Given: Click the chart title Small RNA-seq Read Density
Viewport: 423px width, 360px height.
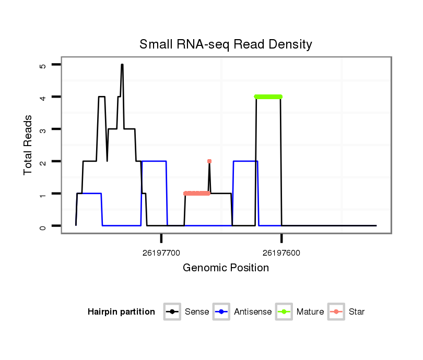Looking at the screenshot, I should pyautogui.click(x=226, y=44).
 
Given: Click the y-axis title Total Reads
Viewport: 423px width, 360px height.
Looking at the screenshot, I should pyautogui.click(x=29, y=145).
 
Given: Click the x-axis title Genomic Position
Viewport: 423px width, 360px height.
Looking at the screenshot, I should pyautogui.click(x=226, y=268).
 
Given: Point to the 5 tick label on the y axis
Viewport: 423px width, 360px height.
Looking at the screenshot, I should pyautogui.click(x=43, y=65).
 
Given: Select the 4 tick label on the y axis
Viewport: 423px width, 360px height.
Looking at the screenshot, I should pyautogui.click(x=43, y=97).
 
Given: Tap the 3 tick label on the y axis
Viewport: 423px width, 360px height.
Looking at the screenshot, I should pyautogui.click(x=43, y=129).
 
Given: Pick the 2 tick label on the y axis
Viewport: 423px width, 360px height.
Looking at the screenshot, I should pyautogui.click(x=43, y=162).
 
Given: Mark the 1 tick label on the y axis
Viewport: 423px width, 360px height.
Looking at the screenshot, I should pyautogui.click(x=43, y=194).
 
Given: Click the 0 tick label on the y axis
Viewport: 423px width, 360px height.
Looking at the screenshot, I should pyautogui.click(x=43, y=226).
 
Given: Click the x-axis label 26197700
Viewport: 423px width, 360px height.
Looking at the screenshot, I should pyautogui.click(x=161, y=253).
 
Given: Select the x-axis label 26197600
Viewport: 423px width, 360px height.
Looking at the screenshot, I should pyautogui.click(x=281, y=253).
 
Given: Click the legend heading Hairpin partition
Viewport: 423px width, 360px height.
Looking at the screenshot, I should pyautogui.click(x=121, y=312).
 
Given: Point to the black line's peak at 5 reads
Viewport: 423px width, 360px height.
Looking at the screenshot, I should pyautogui.click(x=122, y=65).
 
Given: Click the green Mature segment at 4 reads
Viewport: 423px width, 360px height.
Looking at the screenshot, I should pyautogui.click(x=268, y=97).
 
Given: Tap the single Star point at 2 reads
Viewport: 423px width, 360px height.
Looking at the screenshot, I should pyautogui.click(x=209, y=161).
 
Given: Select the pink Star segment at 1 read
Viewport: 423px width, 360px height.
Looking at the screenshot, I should pyautogui.click(x=196, y=194).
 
